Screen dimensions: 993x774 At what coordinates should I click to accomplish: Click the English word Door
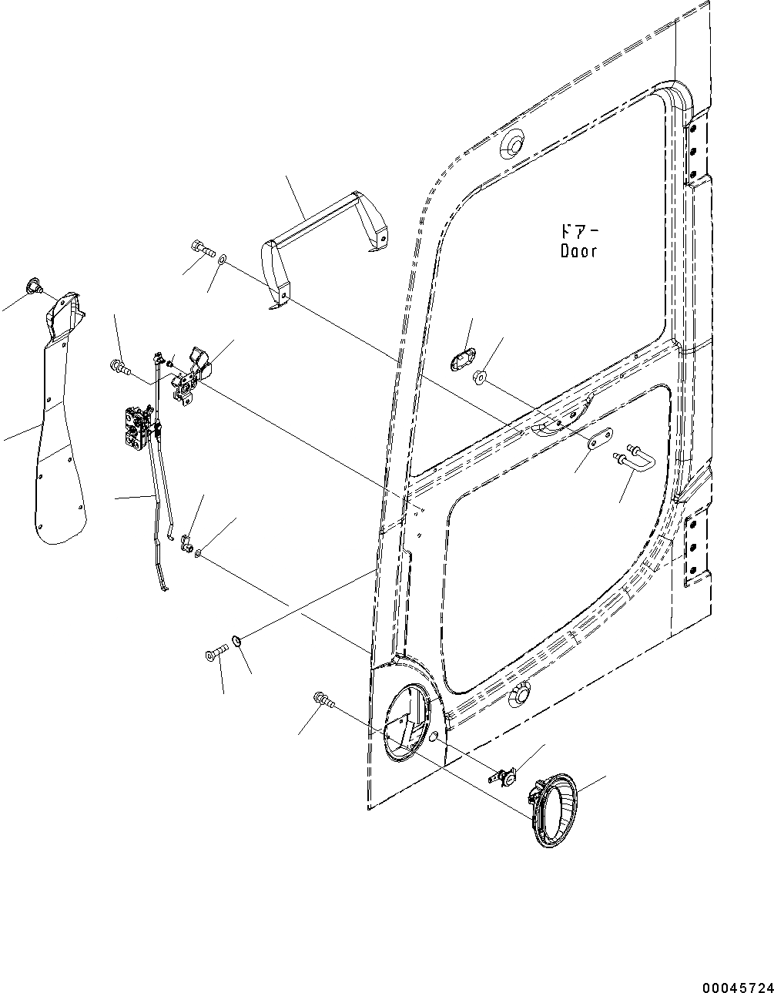click(578, 251)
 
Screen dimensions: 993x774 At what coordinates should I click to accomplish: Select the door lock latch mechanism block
click(135, 428)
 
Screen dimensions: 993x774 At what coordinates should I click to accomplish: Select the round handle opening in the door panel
click(406, 722)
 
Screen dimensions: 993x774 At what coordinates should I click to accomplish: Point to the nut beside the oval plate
click(479, 377)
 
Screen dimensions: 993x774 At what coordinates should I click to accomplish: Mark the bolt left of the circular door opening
click(323, 700)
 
